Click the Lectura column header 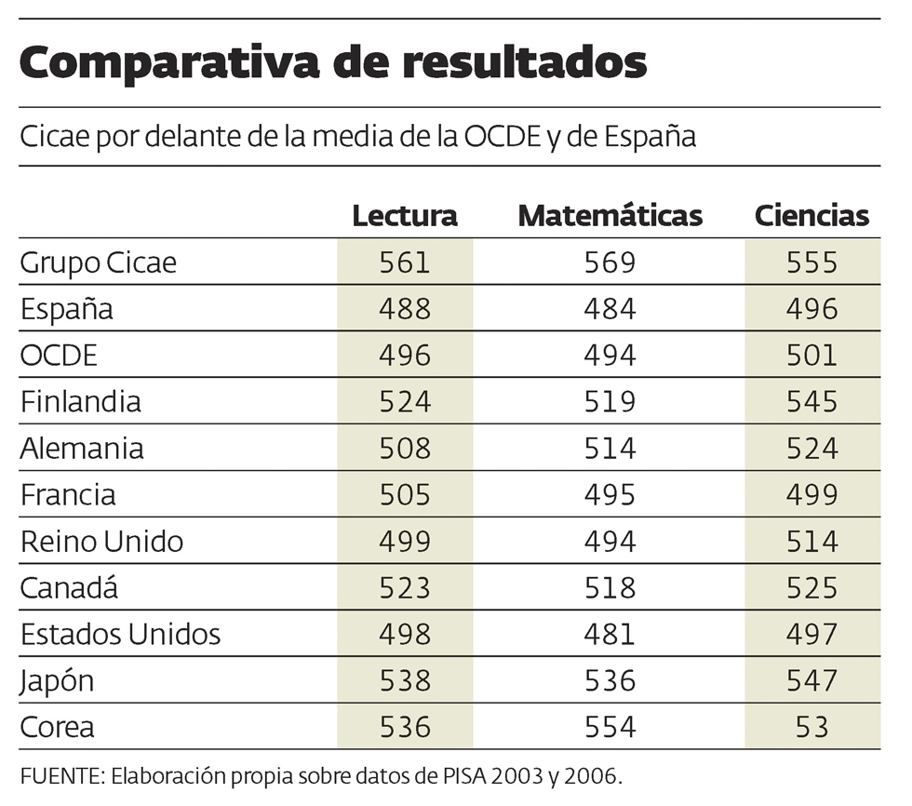[405, 216]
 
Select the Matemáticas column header [610, 216]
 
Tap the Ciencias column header [811, 216]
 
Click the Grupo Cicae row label [99, 262]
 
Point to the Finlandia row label [81, 402]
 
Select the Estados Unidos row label [121, 635]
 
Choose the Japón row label [58, 681]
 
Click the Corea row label [58, 727]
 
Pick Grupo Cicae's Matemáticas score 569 [610, 262]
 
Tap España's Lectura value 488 [405, 309]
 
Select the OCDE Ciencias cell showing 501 [811, 356]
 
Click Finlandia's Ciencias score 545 [811, 402]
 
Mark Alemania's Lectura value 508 [405, 449]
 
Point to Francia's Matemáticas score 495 [610, 495]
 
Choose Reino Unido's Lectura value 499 [405, 542]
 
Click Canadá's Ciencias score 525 [811, 588]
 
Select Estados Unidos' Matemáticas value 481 [610, 635]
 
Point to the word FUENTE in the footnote [56, 775]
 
